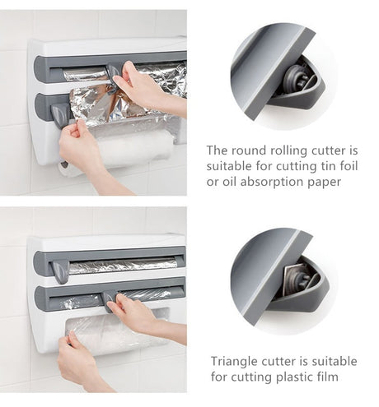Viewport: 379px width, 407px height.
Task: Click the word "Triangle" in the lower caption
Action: pos(234,362)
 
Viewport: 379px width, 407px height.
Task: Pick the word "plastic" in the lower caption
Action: pos(295,377)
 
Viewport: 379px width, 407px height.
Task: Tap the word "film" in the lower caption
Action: pos(328,377)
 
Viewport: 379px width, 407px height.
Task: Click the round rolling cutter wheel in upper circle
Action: pos(295,78)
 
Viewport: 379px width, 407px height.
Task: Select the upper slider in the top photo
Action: pos(112,78)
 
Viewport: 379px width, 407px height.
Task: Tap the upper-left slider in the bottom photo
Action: pos(60,271)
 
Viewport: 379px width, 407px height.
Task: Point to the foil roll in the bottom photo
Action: pos(123,266)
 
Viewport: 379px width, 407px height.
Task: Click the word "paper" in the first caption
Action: pos(324,183)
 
